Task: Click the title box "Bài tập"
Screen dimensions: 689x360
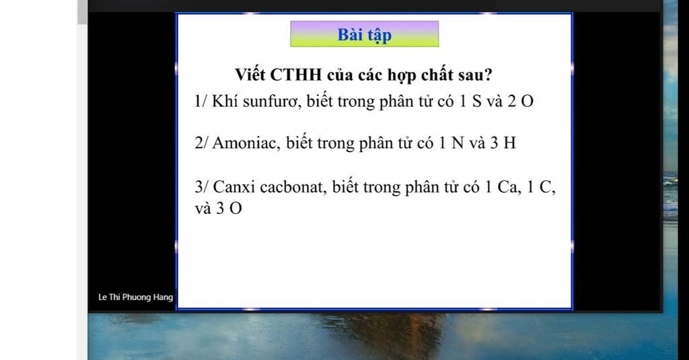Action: pos(364,34)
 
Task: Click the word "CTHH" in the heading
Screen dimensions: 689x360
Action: pos(296,75)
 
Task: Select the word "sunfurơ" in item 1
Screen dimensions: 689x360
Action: pos(272,101)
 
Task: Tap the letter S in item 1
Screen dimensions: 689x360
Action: pos(477,102)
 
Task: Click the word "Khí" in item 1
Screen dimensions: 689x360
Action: pos(225,101)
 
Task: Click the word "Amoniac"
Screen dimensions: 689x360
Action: pos(246,143)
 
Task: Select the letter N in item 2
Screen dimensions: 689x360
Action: pos(458,143)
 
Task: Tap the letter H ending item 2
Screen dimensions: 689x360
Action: pos(510,143)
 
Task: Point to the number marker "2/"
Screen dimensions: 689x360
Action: pos(201,143)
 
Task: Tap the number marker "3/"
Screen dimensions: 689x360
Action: pos(201,187)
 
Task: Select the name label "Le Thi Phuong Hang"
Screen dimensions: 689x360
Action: pos(136,297)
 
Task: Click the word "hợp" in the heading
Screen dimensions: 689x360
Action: pos(402,75)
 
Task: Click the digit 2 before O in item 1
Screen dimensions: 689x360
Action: pos(511,102)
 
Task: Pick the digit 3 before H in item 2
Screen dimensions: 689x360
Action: pos(495,143)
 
